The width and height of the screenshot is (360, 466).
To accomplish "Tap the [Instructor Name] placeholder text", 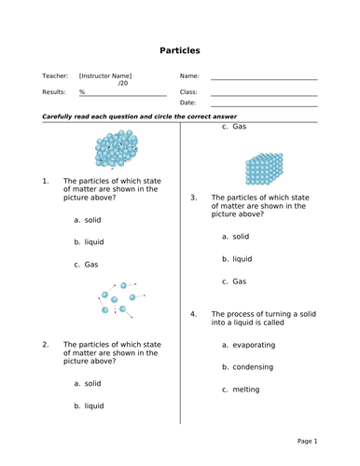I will [x=105, y=75].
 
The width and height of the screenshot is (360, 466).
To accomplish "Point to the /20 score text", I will [x=123, y=84].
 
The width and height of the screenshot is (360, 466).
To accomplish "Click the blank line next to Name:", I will [x=263, y=78].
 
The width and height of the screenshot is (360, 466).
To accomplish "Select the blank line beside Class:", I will [x=263, y=94].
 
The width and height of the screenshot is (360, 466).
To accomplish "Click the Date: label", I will [x=187, y=103].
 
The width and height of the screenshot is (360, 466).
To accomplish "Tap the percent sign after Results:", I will [x=82, y=92].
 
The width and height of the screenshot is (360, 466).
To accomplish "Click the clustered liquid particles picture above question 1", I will [x=116, y=149].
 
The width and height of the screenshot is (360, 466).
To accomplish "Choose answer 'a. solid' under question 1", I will [x=88, y=220].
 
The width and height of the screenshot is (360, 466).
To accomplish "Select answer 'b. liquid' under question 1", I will [x=89, y=242].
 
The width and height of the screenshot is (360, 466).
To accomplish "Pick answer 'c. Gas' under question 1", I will [x=86, y=265].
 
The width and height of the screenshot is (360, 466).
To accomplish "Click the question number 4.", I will [x=194, y=314].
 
